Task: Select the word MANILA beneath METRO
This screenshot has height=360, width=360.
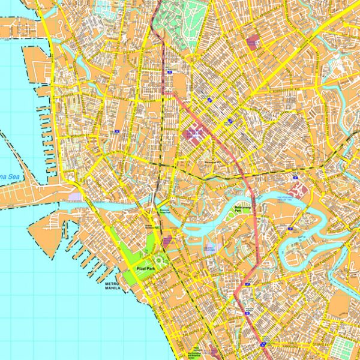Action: pos(112,288)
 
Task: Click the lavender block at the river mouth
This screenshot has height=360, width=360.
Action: pos(74,196)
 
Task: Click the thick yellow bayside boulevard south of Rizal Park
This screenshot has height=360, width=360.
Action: pos(153,324)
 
